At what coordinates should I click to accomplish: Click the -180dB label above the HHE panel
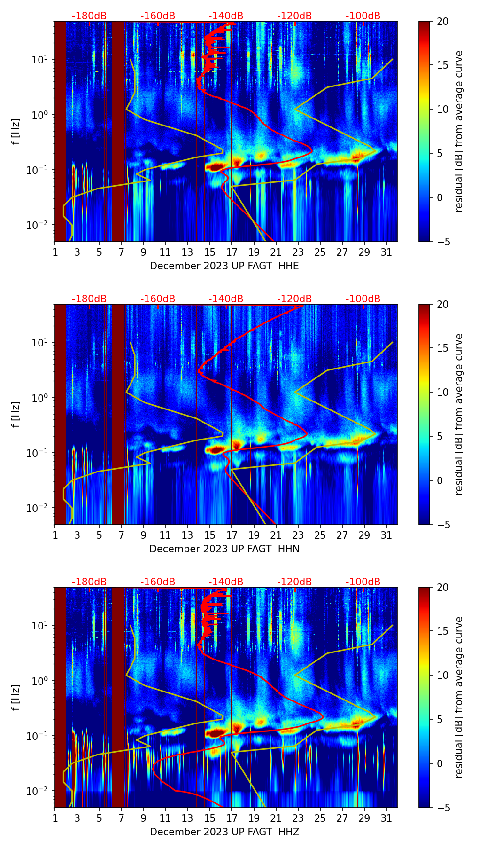tap(89, 16)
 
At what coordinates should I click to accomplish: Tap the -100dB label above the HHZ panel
tap(363, 582)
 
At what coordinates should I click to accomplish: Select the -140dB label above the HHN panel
tap(226, 299)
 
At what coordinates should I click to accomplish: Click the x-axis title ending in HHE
tap(224, 266)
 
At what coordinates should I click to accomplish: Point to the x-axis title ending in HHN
tap(224, 549)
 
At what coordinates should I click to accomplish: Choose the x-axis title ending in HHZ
tap(224, 832)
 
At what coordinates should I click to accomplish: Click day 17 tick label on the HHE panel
tap(232, 252)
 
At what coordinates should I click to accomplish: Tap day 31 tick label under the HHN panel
tap(386, 535)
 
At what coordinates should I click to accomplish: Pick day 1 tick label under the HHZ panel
tap(55, 818)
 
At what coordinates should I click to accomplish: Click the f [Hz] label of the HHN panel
tap(16, 414)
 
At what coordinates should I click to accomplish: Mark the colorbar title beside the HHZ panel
tap(459, 697)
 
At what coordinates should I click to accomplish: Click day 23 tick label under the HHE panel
tap(298, 252)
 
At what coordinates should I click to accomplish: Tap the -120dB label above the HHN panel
tap(294, 299)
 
